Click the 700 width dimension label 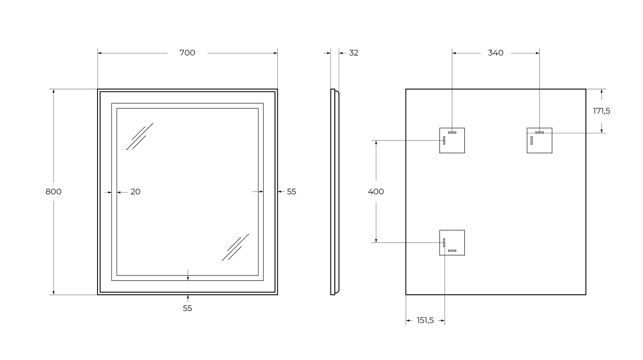[x=187, y=53]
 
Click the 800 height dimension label [x=54, y=192]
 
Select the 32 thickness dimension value [x=353, y=53]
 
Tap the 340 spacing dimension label [x=496, y=53]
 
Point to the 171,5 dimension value [x=602, y=111]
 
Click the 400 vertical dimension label [x=376, y=192]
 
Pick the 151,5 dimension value [x=425, y=320]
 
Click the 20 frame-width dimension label [x=135, y=192]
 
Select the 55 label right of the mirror [x=291, y=192]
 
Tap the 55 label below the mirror [x=188, y=308]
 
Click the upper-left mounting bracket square [x=452, y=140]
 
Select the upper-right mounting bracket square [x=539, y=140]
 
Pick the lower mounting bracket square [x=452, y=242]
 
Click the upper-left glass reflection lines [x=139, y=137]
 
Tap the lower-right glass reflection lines [x=236, y=247]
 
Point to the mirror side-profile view [x=335, y=192]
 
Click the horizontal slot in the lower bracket [x=452, y=251]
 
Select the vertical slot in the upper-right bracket [x=532, y=140]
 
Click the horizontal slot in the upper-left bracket [x=452, y=132]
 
